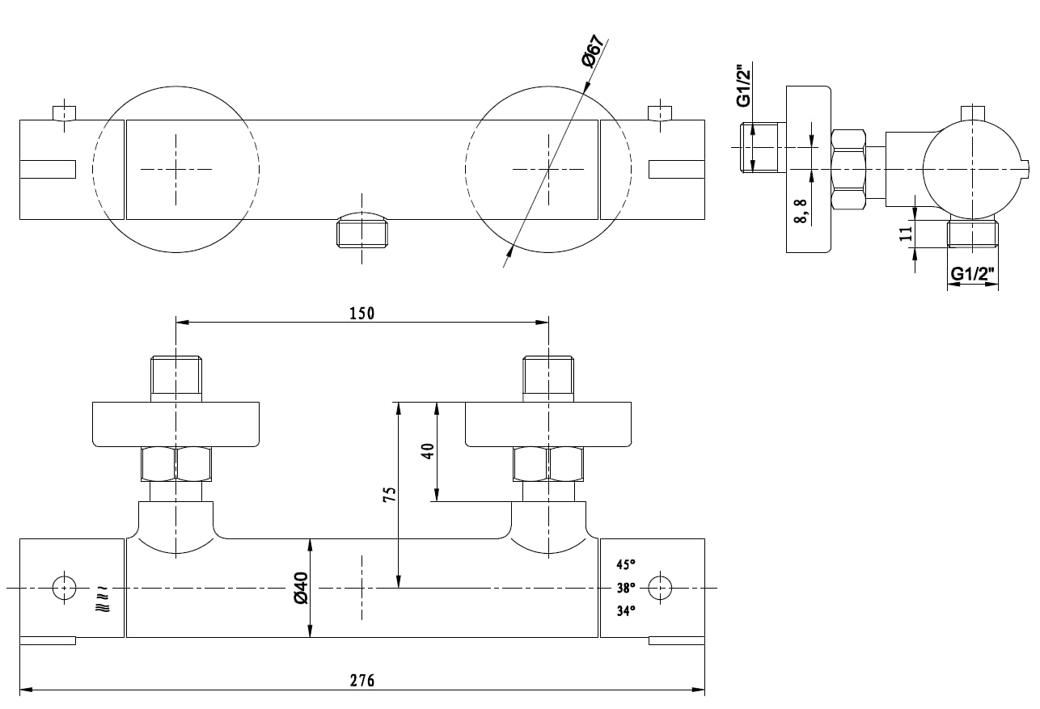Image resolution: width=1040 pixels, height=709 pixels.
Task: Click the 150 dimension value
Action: coord(361,314)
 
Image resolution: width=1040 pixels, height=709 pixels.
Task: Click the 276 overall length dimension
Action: coord(361,681)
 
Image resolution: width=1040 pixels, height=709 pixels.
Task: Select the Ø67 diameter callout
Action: coord(594,51)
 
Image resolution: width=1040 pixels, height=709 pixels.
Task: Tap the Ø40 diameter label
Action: coord(302,588)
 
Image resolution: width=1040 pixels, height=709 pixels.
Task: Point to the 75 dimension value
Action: coord(390,495)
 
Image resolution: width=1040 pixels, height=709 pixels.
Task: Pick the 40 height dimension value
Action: coord(428,451)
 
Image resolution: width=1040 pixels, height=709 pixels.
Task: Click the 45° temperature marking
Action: coord(626,565)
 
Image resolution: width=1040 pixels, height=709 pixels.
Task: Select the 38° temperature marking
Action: coord(626,588)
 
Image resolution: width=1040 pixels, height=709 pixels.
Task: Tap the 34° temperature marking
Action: coord(626,611)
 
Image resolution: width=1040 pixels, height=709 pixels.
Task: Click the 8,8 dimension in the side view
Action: coord(801,211)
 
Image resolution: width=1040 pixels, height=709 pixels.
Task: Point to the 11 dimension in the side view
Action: coord(906,234)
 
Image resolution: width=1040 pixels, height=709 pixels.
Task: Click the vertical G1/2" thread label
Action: coord(744,87)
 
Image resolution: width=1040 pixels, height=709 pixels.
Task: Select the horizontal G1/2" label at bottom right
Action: coord(972,274)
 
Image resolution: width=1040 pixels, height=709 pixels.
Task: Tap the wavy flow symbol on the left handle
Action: coord(103,601)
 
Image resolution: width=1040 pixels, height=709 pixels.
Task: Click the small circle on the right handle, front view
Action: coord(660,588)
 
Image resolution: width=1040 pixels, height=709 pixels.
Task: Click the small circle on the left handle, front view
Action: coord(65,588)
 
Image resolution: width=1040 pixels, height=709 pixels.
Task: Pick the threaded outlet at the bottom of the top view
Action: coord(361,230)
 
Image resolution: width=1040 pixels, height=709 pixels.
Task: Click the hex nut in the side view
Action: coord(848,169)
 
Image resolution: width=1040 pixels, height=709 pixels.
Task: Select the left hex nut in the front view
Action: coord(176,464)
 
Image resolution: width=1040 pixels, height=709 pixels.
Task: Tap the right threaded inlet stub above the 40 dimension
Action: coord(548,378)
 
